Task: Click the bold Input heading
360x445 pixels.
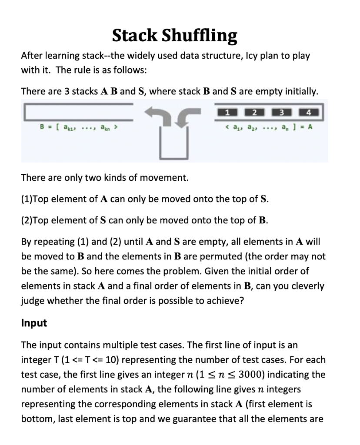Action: [x=34, y=324]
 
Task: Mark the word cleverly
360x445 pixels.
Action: [x=308, y=286]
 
